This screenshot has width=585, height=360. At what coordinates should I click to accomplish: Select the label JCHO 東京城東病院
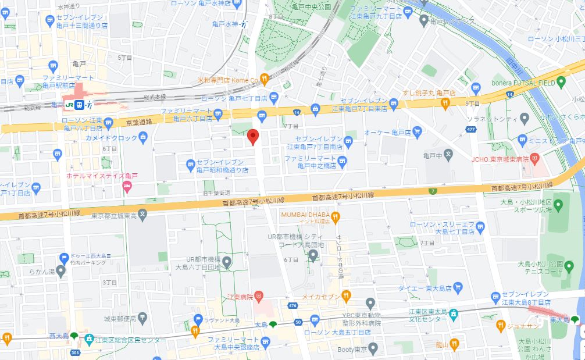[x=501, y=159]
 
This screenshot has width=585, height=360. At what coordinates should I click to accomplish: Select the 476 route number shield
[x=292, y=305]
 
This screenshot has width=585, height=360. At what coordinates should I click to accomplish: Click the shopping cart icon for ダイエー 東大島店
[x=458, y=287]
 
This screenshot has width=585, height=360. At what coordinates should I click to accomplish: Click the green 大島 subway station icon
[x=273, y=323]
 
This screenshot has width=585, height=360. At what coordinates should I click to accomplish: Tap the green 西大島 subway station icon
[x=74, y=335]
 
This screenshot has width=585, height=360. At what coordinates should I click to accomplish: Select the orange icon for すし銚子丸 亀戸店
[x=445, y=104]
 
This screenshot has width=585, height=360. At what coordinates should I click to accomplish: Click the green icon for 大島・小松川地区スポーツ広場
[x=559, y=205]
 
